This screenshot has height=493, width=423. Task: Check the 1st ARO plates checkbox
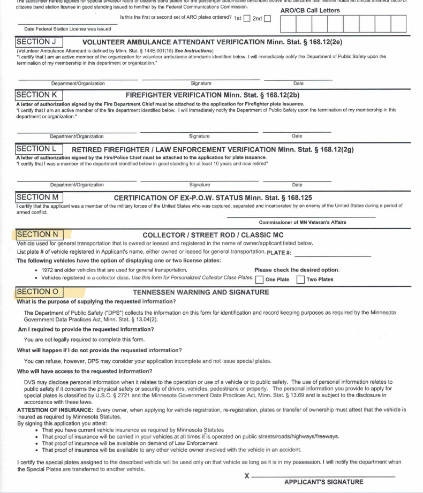pos(247,19)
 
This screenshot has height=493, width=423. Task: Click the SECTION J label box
pos(40,42)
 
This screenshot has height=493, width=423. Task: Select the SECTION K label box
pos(40,94)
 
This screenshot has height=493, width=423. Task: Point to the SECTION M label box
pos(40,197)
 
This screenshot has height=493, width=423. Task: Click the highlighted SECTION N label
pos(40,234)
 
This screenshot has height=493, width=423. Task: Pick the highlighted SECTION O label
pos(40,292)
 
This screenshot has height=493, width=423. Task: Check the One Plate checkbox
pos(259,279)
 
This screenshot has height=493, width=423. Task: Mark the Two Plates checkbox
pos(301,279)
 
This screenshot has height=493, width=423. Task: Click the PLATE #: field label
pos(283,253)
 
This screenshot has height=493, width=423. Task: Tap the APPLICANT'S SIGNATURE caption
pos(323,482)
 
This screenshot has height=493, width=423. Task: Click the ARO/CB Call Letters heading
pos(309,10)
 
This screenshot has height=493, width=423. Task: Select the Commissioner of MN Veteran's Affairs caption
pos(303,222)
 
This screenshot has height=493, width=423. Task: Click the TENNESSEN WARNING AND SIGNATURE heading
pos(201,292)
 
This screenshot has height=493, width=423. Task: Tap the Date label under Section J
pos(298,84)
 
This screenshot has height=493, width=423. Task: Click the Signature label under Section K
pos(199,136)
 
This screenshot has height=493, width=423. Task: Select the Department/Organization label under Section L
pos(77,185)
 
